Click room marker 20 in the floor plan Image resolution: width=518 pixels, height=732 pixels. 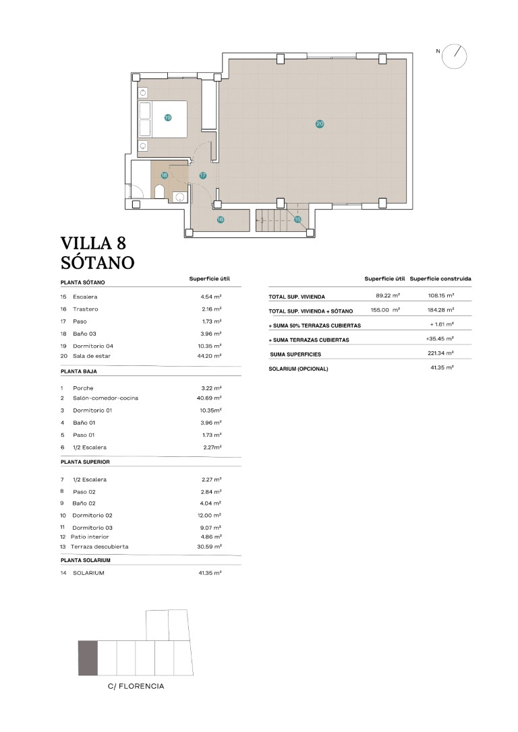point(320,124)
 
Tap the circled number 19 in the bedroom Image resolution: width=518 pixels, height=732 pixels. point(168,118)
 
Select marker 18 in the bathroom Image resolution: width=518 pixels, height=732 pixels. point(164,175)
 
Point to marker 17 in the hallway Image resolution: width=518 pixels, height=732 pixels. point(203,175)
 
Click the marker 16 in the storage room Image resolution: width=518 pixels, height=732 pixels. point(221,220)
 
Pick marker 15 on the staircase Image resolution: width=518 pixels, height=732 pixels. point(297,220)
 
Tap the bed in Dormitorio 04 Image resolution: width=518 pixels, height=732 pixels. point(162,119)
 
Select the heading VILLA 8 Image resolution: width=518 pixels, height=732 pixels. point(94,243)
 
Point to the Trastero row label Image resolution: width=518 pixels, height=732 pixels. point(86,309)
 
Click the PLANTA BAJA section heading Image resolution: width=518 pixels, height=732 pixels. point(79,371)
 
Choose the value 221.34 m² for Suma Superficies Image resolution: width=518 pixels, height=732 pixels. point(440,353)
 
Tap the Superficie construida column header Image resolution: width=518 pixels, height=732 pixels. point(440,278)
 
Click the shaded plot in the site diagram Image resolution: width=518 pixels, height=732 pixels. point(88,659)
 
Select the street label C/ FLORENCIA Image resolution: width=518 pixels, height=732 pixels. point(136,686)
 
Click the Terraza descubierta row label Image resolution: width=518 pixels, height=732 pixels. point(100,547)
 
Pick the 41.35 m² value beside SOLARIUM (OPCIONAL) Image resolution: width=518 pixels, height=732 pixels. point(442,368)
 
